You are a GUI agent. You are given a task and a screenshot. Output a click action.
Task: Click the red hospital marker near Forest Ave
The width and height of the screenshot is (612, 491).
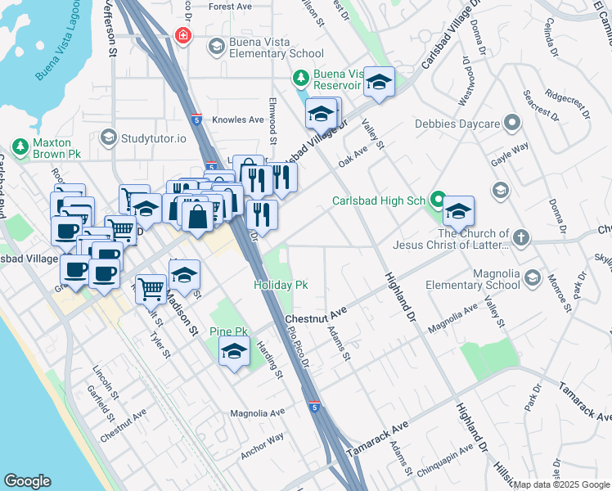[x=183, y=36]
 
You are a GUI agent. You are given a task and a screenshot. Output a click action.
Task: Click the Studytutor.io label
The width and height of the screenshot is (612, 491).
[x=155, y=137]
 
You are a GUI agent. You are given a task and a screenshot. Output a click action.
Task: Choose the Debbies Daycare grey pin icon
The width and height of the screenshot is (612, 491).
[x=513, y=124]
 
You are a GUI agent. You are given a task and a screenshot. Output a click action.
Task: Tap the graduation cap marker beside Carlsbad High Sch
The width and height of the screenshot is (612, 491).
[x=458, y=211]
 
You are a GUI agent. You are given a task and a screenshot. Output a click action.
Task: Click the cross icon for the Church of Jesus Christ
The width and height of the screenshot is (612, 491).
[x=521, y=239]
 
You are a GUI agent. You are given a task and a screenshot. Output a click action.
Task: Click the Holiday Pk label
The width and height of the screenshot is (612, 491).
[x=281, y=286]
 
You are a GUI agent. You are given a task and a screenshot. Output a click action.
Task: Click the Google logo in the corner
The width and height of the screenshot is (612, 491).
[x=27, y=481]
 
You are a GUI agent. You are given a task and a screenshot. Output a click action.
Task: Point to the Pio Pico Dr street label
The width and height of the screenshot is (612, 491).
[x=299, y=347]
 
